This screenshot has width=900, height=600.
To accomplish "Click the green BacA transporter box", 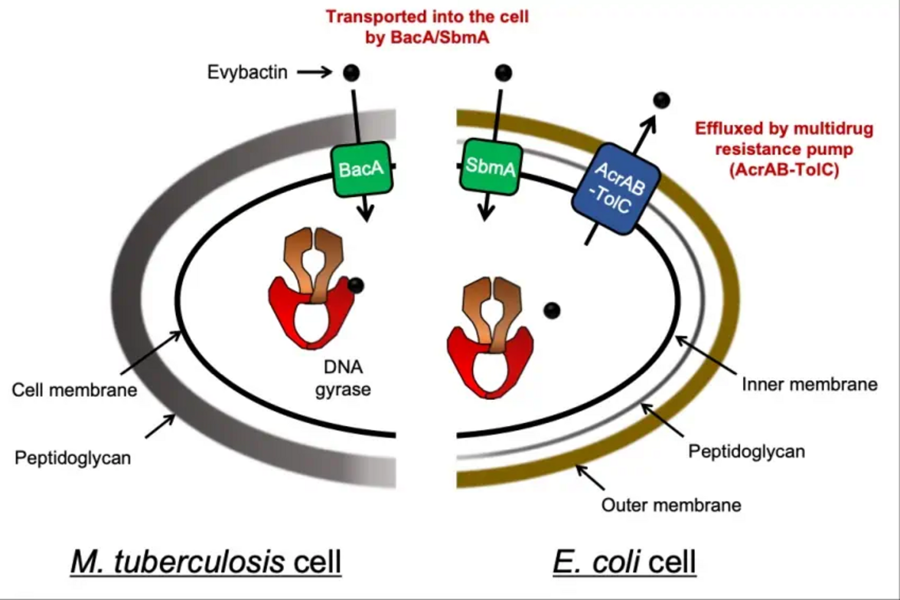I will pos(362,169).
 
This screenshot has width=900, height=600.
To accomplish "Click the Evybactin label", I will pos(248,73).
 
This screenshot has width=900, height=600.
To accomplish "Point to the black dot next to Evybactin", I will pos(351,73).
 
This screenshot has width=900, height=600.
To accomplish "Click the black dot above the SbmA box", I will pos(503,73).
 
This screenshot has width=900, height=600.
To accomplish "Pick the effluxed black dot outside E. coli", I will pos(661,100).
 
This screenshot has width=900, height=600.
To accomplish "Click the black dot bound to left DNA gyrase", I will pos(356,286).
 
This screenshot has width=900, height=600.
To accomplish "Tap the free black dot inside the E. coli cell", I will pos(552,310).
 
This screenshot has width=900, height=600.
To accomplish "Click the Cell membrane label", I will pos(74,390).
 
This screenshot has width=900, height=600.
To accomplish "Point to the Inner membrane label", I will pos(810,384).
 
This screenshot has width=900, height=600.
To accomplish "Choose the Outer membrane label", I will pos(671,505).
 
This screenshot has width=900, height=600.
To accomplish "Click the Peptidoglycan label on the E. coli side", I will pos(746,451).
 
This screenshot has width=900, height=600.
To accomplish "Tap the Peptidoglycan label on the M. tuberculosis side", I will pos(73,458).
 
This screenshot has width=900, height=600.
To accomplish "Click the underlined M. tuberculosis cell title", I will pos(205,562).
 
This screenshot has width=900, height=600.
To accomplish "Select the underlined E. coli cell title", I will pos(624,562).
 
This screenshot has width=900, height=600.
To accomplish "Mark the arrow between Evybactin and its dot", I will pos(312,73).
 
